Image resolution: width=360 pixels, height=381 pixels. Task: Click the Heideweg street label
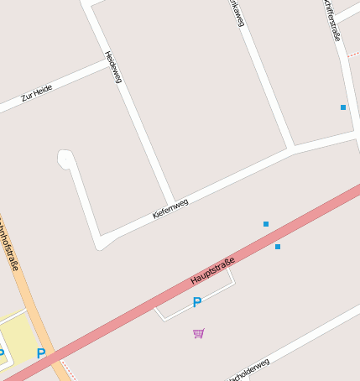coord(113,67)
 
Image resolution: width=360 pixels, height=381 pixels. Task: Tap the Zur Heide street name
coord(37,93)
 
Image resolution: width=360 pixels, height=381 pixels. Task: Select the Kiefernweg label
coord(170,208)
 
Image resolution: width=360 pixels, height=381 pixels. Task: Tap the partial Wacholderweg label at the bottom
coord(248,369)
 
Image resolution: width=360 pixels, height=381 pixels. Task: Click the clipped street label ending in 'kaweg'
coord(238,13)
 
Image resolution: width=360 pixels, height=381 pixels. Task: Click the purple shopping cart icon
coord(198,333)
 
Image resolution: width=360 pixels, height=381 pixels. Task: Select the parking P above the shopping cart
coord(197,302)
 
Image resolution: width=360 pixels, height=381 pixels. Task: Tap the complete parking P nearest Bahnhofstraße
coord(40,353)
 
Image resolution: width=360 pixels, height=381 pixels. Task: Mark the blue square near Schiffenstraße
coord(343,107)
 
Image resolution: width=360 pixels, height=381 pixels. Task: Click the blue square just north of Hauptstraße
coord(266,224)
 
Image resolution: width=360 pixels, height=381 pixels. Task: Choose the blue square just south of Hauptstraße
coord(278,247)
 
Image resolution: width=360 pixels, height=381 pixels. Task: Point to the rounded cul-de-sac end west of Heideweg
coord(65,157)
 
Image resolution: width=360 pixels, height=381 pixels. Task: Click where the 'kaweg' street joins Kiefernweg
coord(291,150)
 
